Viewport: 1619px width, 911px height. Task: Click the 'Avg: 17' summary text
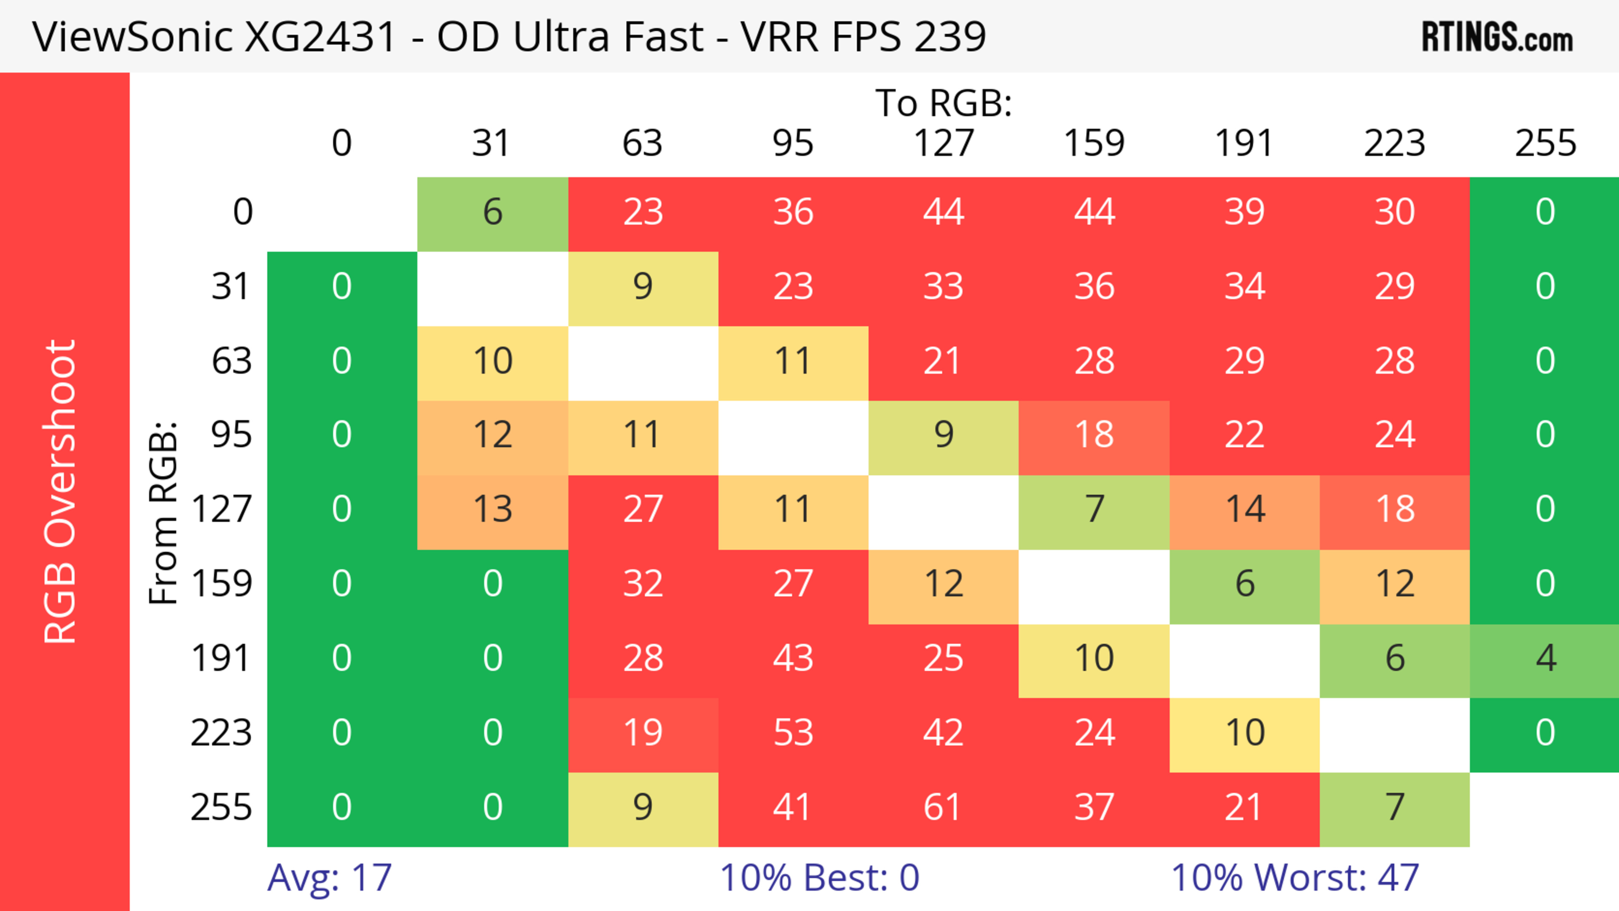click(329, 878)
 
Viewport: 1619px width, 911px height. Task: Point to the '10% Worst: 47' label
click(1295, 878)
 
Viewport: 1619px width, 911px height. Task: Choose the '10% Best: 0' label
click(819, 878)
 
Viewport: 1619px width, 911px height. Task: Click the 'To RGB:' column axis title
click(944, 103)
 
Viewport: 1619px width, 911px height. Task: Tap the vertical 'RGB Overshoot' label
click(60, 491)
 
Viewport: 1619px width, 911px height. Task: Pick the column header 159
click(1094, 143)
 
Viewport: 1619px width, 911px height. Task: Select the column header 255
click(1545, 143)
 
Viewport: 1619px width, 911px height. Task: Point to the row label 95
click(231, 435)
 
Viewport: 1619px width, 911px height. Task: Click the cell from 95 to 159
click(1094, 435)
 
